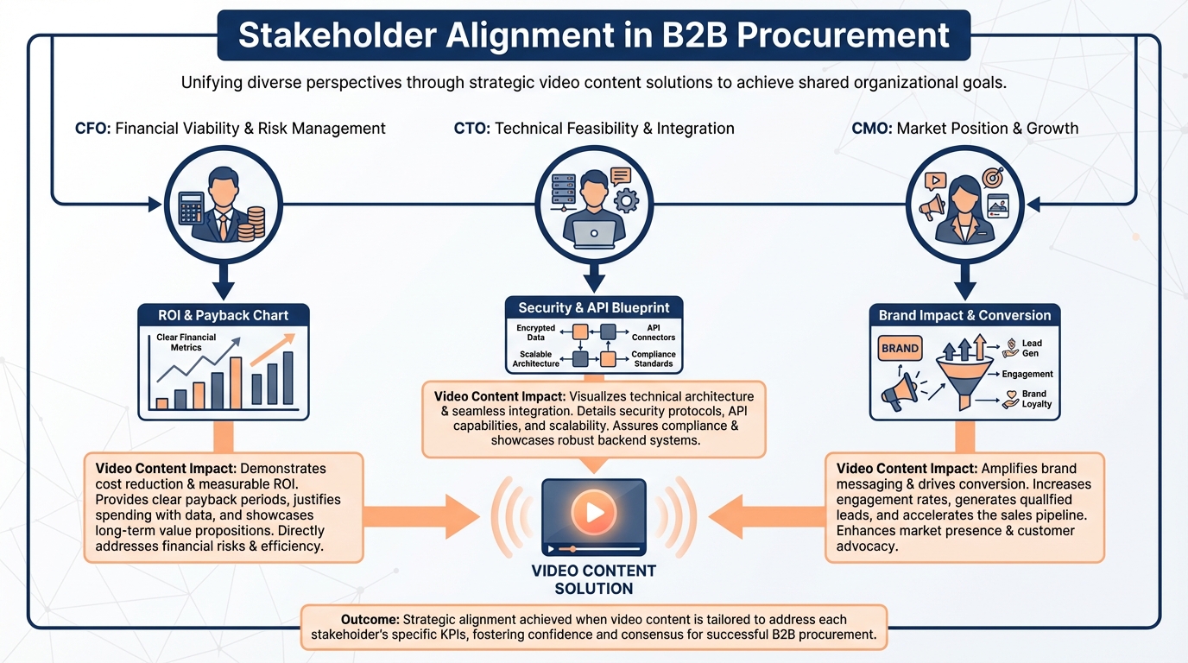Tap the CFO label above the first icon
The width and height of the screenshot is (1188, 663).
point(92,129)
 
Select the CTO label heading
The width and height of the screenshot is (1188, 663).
point(472,129)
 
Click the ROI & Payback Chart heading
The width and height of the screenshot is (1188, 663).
point(224,315)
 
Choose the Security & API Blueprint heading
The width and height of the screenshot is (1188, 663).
point(594,307)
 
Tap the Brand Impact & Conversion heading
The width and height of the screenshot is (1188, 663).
point(964,315)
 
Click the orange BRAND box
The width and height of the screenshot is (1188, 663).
point(900,350)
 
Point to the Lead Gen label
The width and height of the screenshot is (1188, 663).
point(1031,349)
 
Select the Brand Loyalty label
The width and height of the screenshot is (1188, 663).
point(1033,399)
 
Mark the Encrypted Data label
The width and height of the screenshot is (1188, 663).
point(535,332)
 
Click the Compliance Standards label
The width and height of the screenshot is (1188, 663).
point(654,359)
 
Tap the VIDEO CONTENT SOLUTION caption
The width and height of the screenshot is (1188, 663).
point(594,579)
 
